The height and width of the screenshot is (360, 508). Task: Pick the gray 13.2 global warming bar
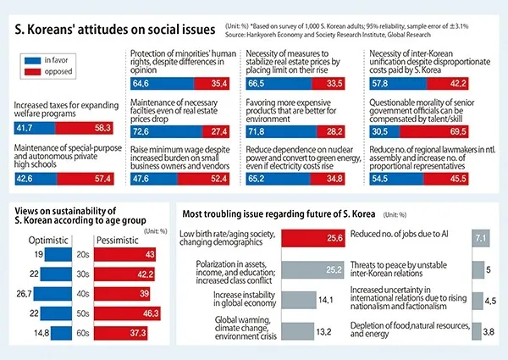[x=301, y=331]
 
